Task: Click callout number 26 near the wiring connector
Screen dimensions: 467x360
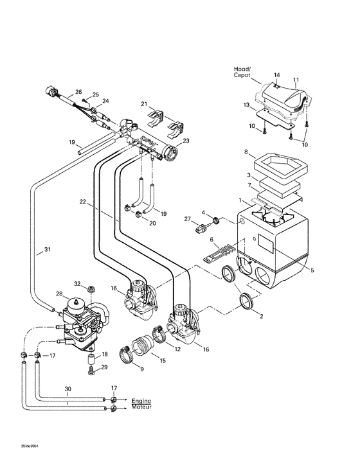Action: click(79, 92)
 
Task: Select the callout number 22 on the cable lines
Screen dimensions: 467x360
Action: click(82, 202)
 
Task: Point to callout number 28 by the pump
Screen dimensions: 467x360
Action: click(59, 294)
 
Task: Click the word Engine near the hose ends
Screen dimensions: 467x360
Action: click(143, 399)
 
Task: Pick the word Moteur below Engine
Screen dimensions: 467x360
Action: click(143, 407)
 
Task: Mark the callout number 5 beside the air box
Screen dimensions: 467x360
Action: click(312, 271)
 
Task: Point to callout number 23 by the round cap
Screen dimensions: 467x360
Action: click(186, 141)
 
